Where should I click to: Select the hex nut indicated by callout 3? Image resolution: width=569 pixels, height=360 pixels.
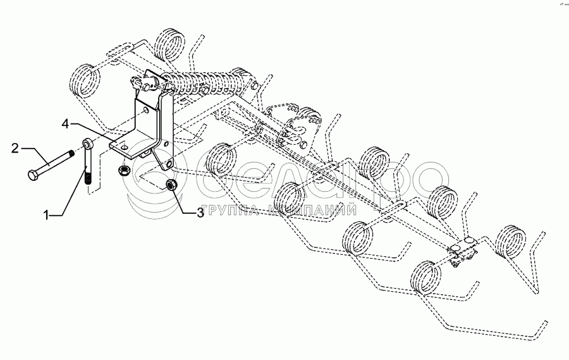tap(169, 184)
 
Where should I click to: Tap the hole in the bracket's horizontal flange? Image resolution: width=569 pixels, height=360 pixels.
tap(125, 147)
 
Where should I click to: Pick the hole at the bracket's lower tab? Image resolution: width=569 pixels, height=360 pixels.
tap(168, 166)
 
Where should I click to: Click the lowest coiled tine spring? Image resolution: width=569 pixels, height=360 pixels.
tap(426, 278)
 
